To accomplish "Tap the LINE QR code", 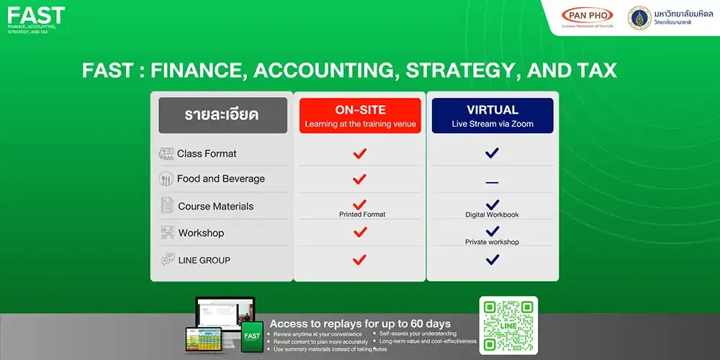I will pos(508,325).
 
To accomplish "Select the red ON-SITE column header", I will pos(360,116).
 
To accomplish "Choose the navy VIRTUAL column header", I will pos(492,116).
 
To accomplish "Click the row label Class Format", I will pos(207,153).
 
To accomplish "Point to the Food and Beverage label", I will pos(220,179).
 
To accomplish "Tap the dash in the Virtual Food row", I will pos(492,183).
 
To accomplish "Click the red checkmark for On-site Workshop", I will pos(360,232).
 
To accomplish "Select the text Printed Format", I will pos(362,215).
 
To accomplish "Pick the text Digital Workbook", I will pos(492,215).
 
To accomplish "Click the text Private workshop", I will pos(492,242).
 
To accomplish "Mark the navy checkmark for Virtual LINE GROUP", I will pos(492,259).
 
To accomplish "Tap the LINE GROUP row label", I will pos(204,260).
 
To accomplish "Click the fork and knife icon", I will pos(166,179).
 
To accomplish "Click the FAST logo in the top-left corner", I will pos(36,16).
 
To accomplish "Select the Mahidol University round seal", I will pos(638,17).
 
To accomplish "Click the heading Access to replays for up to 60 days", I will pos(360,324).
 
